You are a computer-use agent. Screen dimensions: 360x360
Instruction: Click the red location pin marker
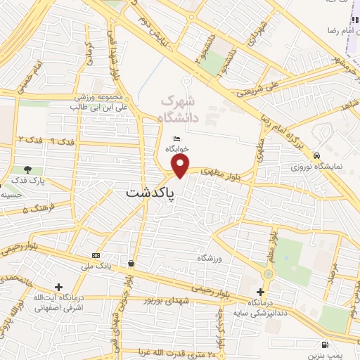[181, 165]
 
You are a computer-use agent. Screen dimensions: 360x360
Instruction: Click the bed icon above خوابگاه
[175, 139]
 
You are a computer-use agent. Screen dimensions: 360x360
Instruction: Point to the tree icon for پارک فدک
[27, 169]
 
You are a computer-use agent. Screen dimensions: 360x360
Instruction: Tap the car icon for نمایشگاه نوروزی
[317, 155]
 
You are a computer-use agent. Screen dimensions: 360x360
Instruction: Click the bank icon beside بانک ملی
[96, 254]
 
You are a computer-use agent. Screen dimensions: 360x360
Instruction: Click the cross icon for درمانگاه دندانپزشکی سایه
[261, 291]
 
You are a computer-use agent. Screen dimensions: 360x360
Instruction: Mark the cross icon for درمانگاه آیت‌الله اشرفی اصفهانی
[58, 286]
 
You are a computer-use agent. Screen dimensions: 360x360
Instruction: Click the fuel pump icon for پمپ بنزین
[324, 344]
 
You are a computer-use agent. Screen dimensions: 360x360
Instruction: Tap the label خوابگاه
[175, 149]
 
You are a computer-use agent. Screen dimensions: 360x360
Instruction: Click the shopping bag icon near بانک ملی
[131, 264]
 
